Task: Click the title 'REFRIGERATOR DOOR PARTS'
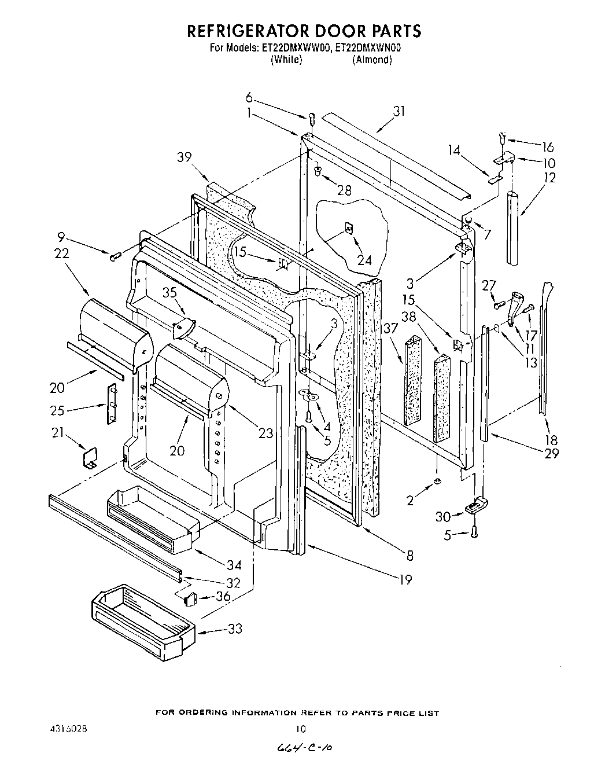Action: (x=302, y=30)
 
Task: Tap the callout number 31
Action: (x=399, y=111)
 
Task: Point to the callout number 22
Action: (x=62, y=253)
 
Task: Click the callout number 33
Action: (x=235, y=629)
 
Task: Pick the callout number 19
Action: (x=405, y=579)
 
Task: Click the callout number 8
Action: (x=410, y=556)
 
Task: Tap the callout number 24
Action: (x=364, y=260)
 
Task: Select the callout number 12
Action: (x=549, y=178)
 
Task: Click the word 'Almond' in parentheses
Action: (x=373, y=60)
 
